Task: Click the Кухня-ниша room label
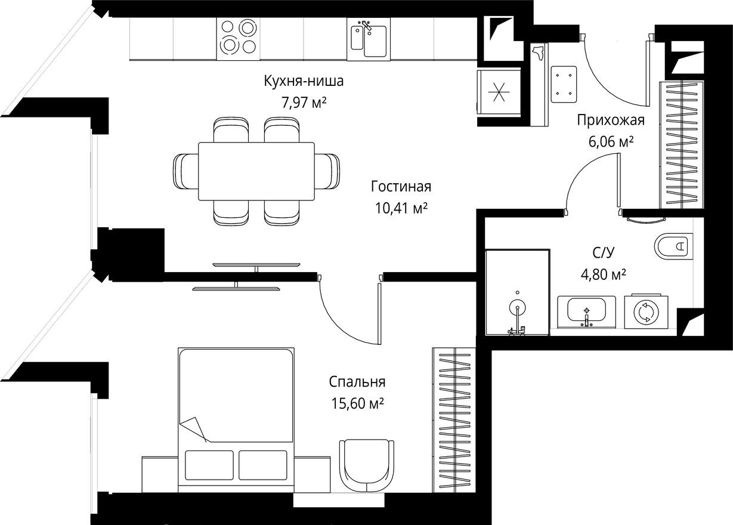(304, 82)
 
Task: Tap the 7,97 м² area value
(304, 102)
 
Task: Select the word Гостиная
(400, 187)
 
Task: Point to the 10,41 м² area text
(400, 208)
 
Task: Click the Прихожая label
(610, 121)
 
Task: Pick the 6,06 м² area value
(610, 142)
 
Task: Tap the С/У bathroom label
(603, 253)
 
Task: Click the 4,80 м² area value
(603, 274)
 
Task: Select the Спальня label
(357, 382)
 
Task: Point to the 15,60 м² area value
(357, 404)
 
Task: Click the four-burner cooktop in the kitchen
(237, 37)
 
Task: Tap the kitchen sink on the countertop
(368, 40)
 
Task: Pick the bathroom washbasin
(587, 311)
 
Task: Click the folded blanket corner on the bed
(195, 427)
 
